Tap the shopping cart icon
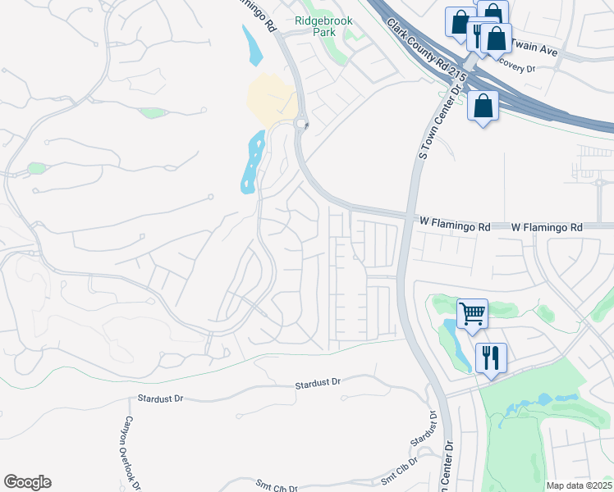pos(472,312)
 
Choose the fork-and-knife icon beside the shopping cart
pos(491,357)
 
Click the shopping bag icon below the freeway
pos(483,105)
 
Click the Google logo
pos(27,482)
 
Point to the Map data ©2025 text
pos(579,485)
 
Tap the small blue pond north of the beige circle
pos(251,46)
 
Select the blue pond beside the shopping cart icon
pos(455,343)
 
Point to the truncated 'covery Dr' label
pos(517,69)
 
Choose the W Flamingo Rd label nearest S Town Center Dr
pos(455,222)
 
